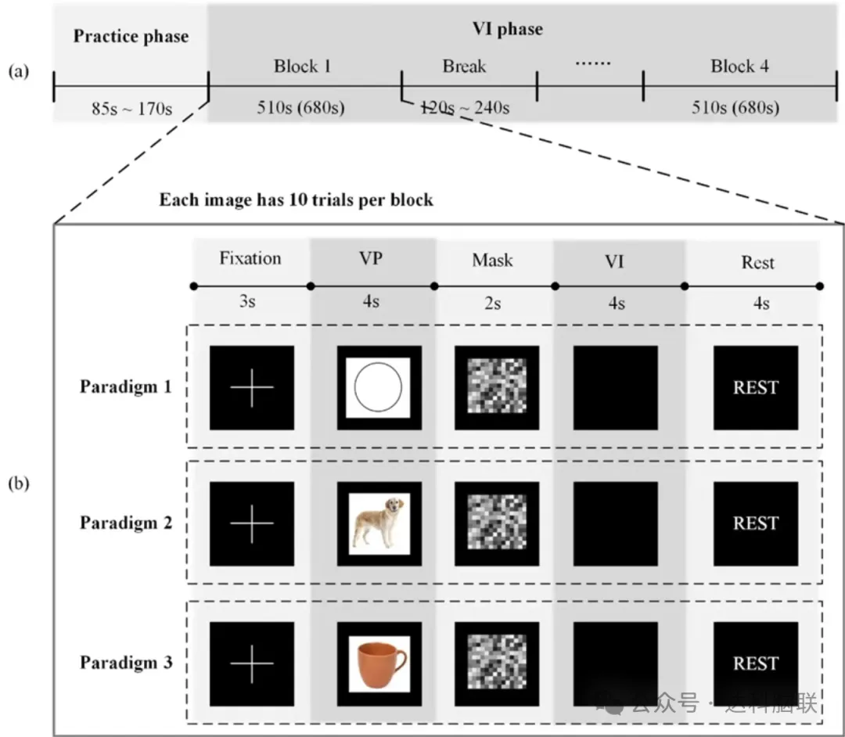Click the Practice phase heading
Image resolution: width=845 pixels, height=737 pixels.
131,37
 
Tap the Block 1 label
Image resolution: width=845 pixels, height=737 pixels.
302,67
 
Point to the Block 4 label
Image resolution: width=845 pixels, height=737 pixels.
739,67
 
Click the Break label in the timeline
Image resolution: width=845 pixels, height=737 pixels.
464,67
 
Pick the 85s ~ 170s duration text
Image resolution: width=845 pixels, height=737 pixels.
131,108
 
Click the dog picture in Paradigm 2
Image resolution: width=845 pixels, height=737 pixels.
379,522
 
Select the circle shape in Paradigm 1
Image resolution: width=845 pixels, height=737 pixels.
379,387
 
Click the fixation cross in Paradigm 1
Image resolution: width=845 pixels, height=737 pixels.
252,387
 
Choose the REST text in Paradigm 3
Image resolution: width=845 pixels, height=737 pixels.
755,663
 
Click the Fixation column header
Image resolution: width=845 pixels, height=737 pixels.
250,259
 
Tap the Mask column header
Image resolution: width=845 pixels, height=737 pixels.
492,260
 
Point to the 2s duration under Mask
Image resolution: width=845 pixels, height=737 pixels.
491,303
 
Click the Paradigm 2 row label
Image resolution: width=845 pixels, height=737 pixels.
125,523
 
